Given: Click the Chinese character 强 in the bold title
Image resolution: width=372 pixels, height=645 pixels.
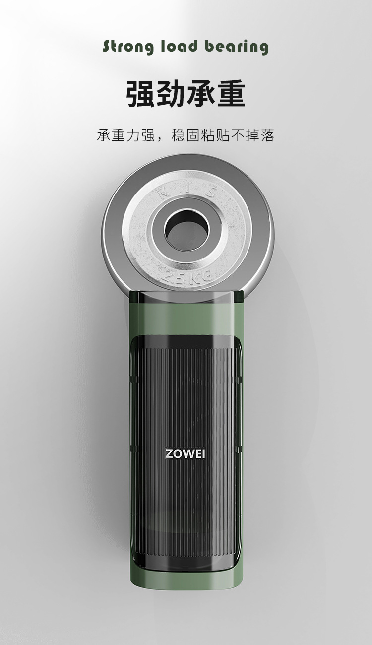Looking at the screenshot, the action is tap(140, 94).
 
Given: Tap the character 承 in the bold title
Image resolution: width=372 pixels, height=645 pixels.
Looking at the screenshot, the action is tap(201, 94).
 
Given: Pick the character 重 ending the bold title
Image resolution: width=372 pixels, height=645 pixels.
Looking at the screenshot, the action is tap(232, 94).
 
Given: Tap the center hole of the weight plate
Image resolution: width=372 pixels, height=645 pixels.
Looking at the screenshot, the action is tap(186, 229).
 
